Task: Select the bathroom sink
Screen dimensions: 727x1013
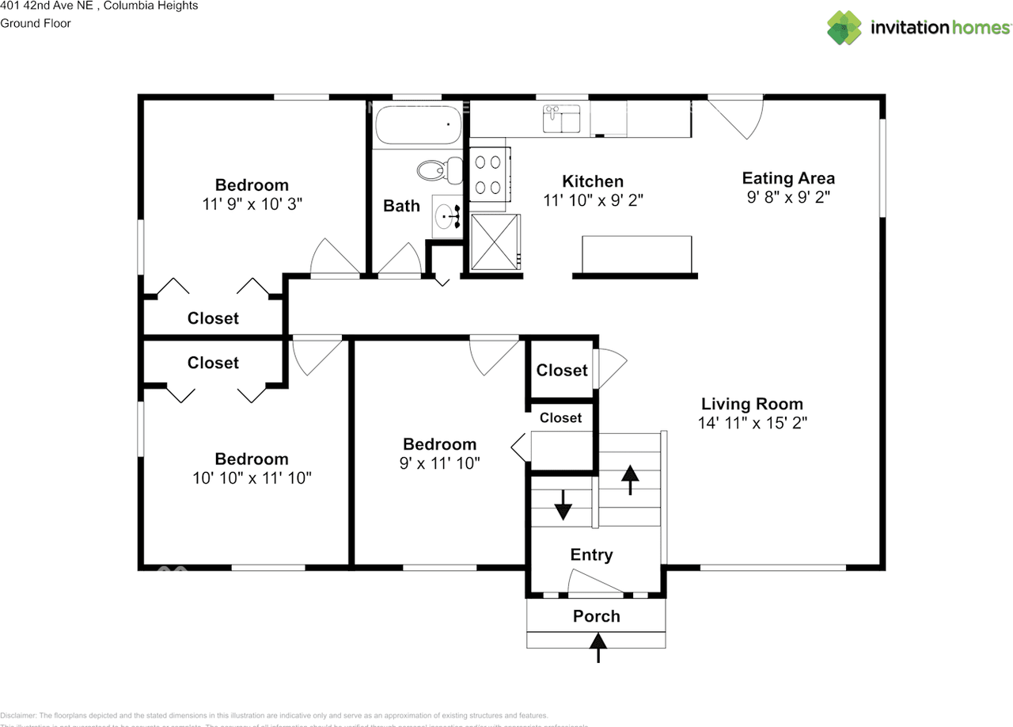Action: [x=448, y=215]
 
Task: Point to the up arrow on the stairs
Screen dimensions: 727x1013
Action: [x=630, y=479]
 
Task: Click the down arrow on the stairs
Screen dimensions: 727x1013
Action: [x=563, y=504]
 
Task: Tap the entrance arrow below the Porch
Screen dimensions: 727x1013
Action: [x=598, y=651]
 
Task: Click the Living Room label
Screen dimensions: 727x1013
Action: [x=752, y=404]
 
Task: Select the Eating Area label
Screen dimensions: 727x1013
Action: [x=788, y=178]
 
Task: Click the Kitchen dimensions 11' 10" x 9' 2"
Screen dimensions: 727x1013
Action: [x=593, y=200]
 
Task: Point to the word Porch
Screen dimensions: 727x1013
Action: [x=597, y=616]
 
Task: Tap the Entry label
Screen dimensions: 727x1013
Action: [x=591, y=555]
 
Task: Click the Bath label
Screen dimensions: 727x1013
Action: [x=401, y=206]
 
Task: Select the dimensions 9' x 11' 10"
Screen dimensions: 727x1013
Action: [x=439, y=463]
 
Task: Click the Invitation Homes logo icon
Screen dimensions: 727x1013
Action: [x=844, y=28]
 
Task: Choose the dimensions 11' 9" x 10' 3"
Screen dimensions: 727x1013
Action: [x=252, y=204]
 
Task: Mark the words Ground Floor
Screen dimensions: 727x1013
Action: [x=36, y=23]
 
